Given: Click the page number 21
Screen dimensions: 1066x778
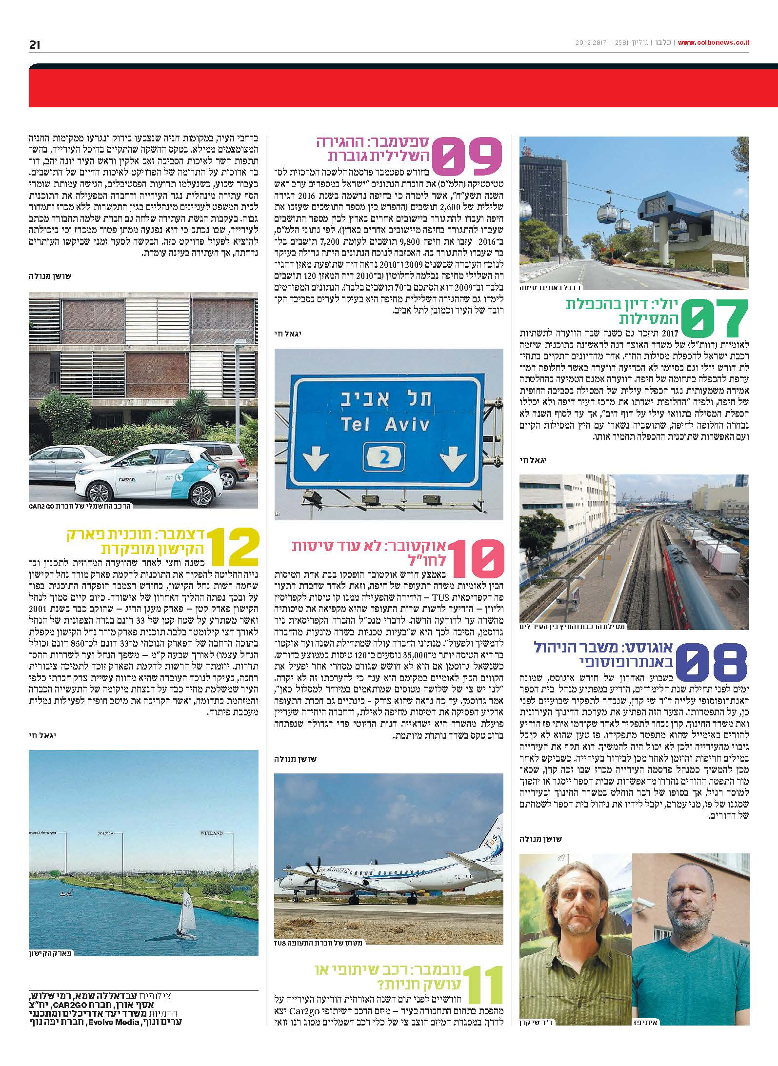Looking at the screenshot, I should pyautogui.click(x=34, y=45).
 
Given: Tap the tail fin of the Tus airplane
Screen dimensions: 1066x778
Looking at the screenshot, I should pyautogui.click(x=493, y=838).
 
